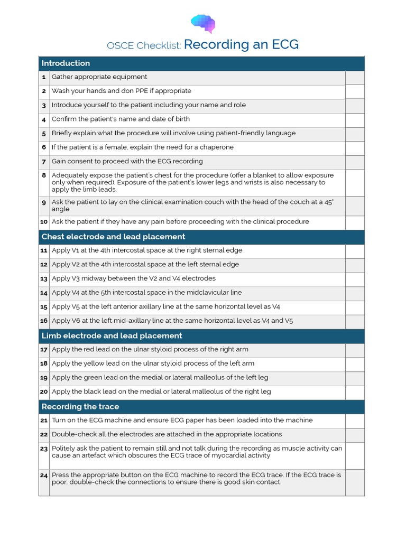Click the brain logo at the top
(203, 23)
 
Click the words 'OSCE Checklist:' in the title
(144, 45)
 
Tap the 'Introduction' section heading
(66, 63)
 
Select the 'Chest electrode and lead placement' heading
(113, 237)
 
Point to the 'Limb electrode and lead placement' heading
(112, 335)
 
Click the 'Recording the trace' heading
(80, 406)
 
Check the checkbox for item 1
(355, 77)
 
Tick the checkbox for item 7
(355, 162)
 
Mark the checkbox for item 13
(355, 278)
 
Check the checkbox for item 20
(355, 392)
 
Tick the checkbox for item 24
(355, 482)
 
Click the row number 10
(44, 222)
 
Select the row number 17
(44, 350)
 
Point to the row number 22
(44, 434)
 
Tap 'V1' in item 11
(76, 250)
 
